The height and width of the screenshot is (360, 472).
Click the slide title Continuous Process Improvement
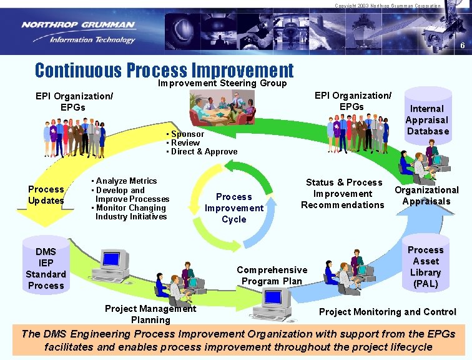[164, 69]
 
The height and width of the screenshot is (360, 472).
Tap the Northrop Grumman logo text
[78, 25]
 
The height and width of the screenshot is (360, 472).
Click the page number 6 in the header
[462, 46]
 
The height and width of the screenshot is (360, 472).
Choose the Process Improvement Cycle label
[234, 208]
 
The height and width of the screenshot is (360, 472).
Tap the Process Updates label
[46, 195]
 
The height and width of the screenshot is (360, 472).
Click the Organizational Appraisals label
[426, 196]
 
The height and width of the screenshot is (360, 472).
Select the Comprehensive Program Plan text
[272, 276]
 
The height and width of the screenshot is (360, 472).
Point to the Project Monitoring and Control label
[387, 312]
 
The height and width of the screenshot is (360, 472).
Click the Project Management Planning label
[150, 314]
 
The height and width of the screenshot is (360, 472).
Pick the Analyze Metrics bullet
[125, 181]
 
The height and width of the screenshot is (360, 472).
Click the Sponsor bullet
[187, 134]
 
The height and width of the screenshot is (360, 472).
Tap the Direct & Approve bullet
[203, 151]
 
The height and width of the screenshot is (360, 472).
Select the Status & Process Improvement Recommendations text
[343, 194]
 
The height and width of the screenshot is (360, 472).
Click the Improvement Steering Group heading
[222, 83]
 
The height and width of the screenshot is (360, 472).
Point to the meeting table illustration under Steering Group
[222, 107]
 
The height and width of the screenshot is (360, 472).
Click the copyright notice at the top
[387, 6]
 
